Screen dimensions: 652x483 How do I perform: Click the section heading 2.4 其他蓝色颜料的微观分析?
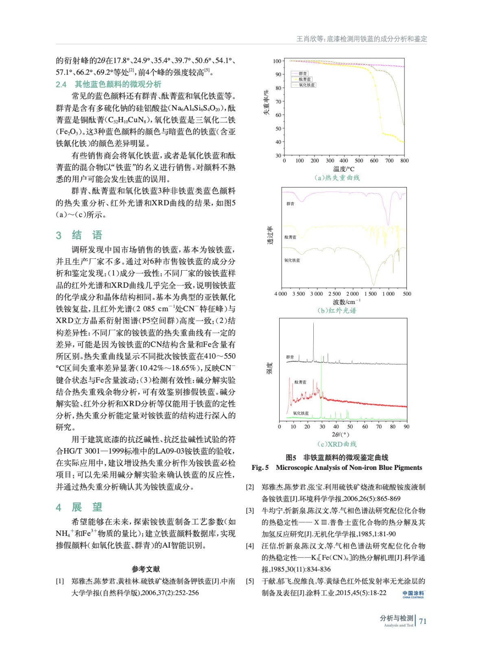click(x=109, y=84)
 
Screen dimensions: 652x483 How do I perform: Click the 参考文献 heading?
click(x=146, y=569)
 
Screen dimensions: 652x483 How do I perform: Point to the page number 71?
click(x=423, y=621)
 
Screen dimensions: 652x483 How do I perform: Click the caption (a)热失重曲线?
click(x=337, y=178)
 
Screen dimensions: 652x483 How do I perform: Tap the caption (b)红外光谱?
click(x=337, y=311)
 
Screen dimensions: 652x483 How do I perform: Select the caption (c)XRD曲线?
click(x=337, y=444)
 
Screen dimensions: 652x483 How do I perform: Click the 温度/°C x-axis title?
click(x=343, y=169)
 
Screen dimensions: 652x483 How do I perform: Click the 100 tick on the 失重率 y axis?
click(x=277, y=61)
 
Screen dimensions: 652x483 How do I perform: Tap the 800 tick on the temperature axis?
click(x=404, y=161)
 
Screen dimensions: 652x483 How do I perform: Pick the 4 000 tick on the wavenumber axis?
click(x=281, y=294)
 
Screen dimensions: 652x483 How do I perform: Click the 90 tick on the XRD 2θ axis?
click(x=406, y=427)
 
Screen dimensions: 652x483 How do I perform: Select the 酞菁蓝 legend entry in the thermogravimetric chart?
click(x=305, y=79)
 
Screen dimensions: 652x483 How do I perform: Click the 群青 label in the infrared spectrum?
click(x=290, y=204)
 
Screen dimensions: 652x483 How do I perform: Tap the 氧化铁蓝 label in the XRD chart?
click(x=301, y=413)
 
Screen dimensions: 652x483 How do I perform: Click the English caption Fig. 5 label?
click(x=260, y=467)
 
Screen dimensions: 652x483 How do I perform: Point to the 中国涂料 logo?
click(x=413, y=594)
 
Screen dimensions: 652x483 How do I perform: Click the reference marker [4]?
click(x=250, y=546)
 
